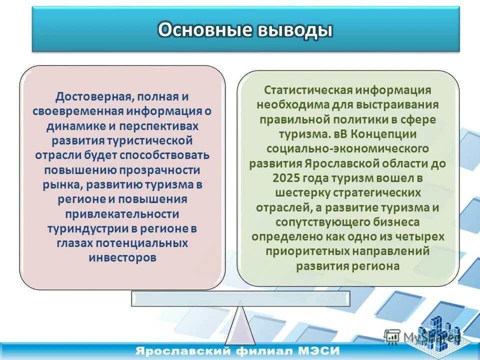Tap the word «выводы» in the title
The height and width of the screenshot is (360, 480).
point(295,30)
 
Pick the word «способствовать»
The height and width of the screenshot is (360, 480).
point(168,155)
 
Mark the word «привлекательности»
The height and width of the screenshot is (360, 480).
point(122,213)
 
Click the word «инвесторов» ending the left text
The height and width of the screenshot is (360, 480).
point(122,257)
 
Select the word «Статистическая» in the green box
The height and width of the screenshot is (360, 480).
point(305,90)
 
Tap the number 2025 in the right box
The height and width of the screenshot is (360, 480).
point(287,178)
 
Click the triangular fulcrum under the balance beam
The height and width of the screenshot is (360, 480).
point(240,325)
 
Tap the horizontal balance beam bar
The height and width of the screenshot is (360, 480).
point(240,298)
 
